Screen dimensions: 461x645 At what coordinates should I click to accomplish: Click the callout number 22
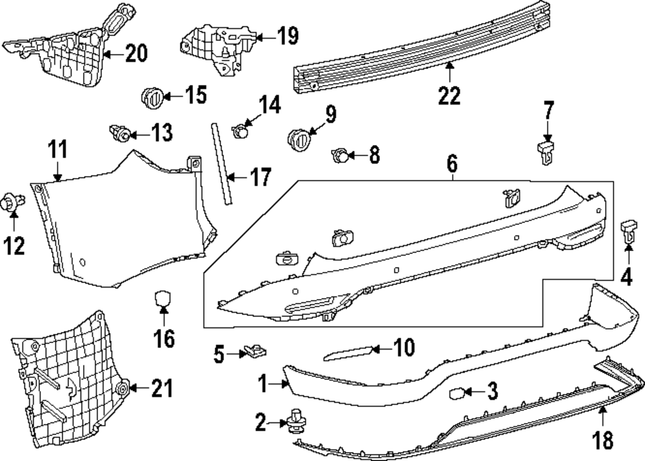click(449, 96)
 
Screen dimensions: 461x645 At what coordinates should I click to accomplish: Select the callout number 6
click(451, 165)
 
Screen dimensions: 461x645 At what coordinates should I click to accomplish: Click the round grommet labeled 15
click(152, 97)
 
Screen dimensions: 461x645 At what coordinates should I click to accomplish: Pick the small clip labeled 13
click(119, 133)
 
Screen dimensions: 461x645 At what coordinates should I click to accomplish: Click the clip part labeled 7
click(546, 153)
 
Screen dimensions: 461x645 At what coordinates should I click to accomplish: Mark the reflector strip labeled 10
click(348, 352)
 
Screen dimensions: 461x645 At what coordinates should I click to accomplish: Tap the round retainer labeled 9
click(298, 138)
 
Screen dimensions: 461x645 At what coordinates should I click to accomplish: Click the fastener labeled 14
click(241, 132)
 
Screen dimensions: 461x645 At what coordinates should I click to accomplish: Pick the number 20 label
click(136, 53)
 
